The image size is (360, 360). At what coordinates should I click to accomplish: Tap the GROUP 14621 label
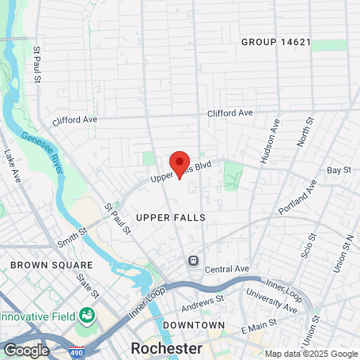(277, 41)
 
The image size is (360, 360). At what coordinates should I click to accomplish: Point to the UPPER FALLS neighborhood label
(171, 216)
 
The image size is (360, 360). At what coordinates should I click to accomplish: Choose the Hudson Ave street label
(269, 142)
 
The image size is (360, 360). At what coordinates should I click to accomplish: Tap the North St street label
(305, 131)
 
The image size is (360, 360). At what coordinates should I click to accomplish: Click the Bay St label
(339, 170)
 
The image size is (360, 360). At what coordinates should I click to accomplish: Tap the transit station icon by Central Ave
(192, 260)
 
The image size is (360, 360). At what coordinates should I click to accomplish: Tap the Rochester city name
(166, 348)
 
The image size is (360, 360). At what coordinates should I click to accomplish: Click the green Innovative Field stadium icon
(85, 316)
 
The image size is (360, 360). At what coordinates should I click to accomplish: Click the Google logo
(26, 349)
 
